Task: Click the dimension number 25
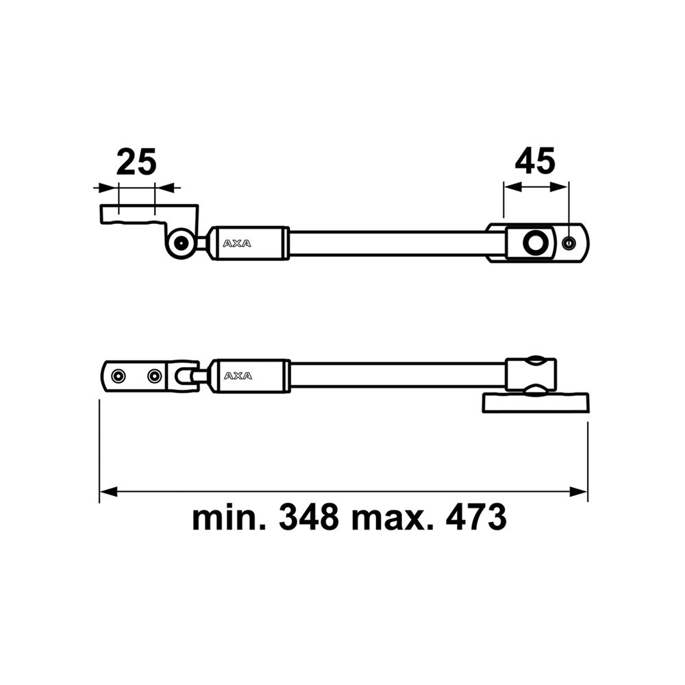[136, 162]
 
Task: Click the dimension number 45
[535, 162]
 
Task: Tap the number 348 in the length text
[308, 518]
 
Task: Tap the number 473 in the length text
[475, 518]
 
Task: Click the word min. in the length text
[228, 518]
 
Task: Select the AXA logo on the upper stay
[237, 242]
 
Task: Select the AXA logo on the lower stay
[237, 375]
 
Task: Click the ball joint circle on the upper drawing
[182, 242]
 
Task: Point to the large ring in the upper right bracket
[534, 242]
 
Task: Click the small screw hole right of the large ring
[568, 242]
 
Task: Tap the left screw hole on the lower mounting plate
[120, 375]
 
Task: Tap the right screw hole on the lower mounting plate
[154, 375]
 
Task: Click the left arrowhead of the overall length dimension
[106, 492]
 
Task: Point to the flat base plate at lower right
[535, 402]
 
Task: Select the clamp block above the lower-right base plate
[532, 375]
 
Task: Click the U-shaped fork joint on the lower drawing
[185, 375]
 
